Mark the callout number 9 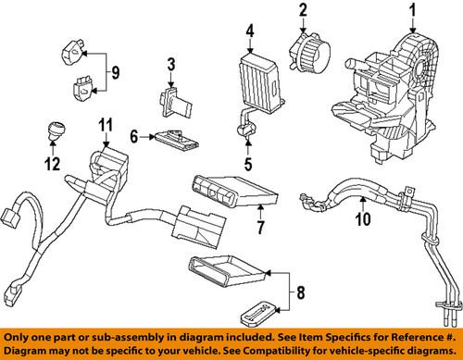point(114,71)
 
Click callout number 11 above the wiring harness point(106,124)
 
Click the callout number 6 point(133,137)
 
